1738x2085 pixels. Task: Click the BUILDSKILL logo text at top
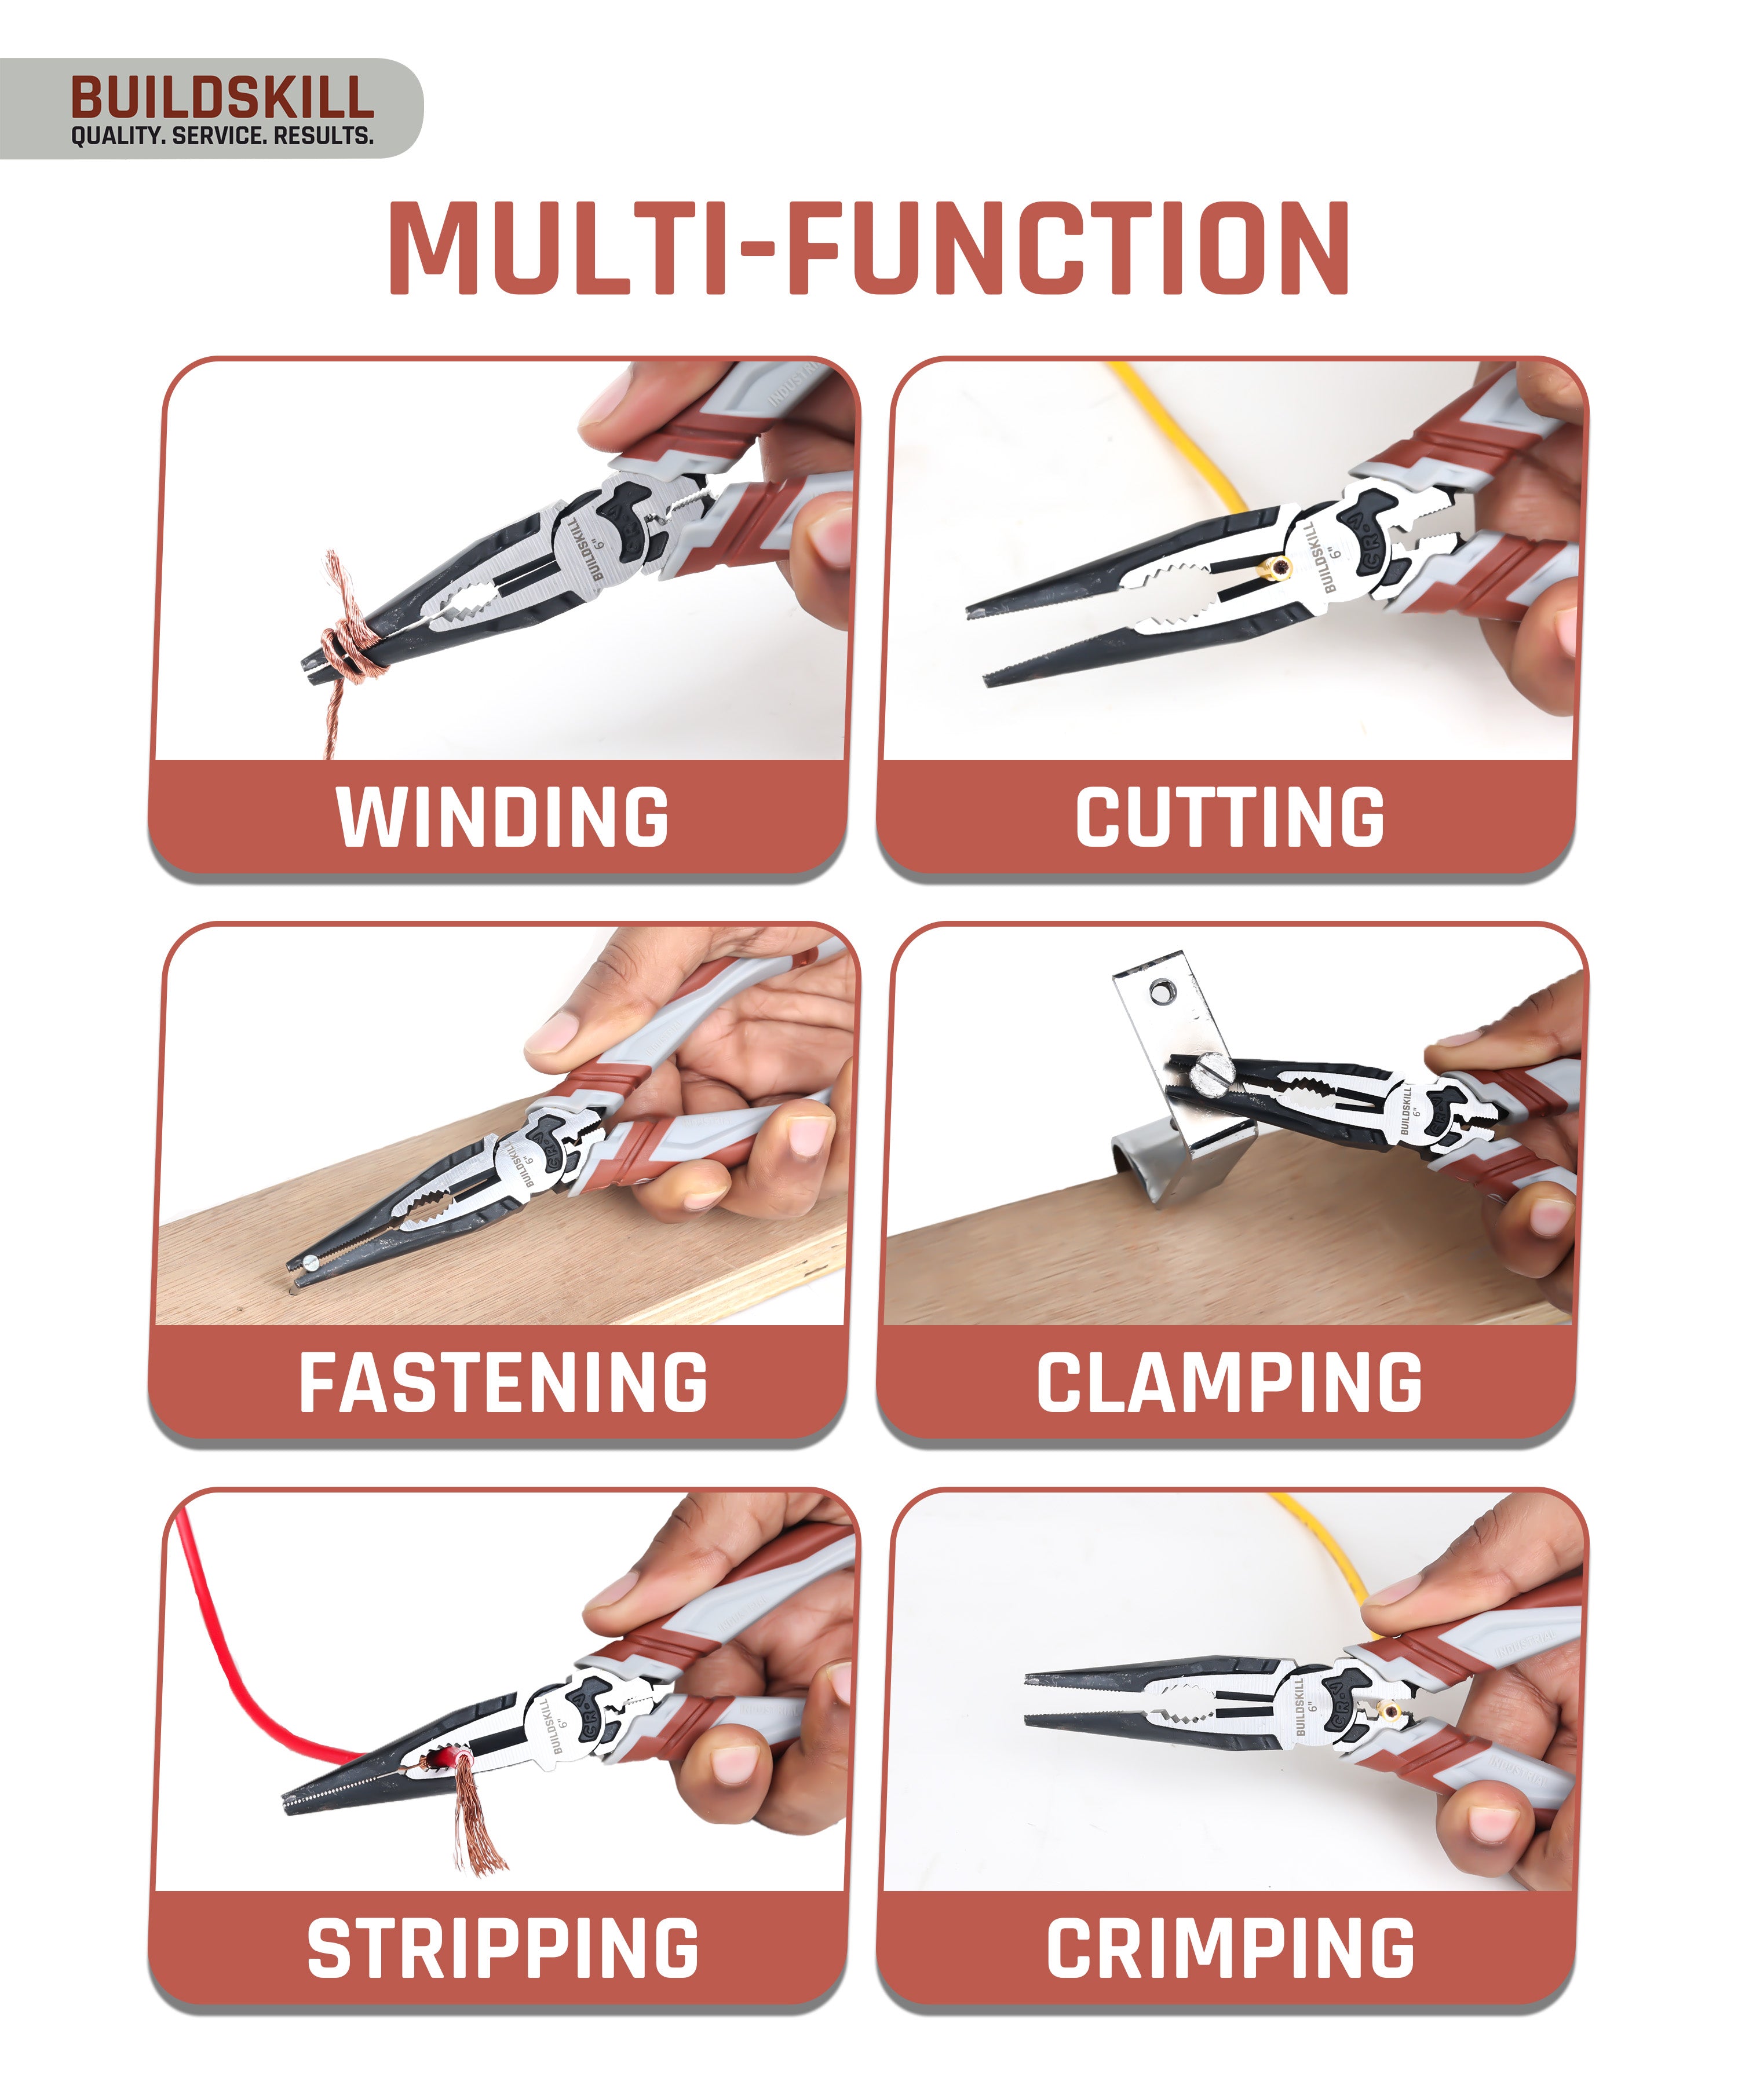point(221,97)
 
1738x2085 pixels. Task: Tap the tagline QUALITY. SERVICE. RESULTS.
point(221,136)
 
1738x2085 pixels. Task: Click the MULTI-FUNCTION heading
point(869,248)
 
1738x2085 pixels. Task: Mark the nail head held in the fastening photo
point(311,1262)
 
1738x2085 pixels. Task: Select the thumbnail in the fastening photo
point(556,1036)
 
